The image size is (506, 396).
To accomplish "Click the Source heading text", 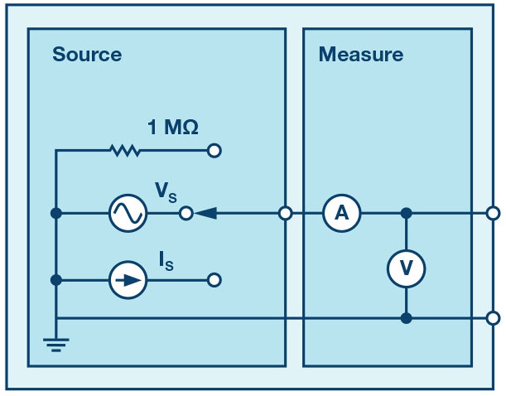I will [87, 55].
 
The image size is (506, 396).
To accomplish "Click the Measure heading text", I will [360, 55].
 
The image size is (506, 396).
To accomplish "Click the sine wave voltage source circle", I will [128, 214].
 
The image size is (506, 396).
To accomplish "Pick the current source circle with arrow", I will [128, 280].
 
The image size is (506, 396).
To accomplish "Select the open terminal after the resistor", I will [214, 151].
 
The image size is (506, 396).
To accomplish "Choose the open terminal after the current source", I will [214, 280].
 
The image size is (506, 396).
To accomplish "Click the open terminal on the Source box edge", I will [286, 214].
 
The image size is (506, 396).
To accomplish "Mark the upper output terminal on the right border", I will [493, 214].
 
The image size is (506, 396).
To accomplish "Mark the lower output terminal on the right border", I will [493, 318].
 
